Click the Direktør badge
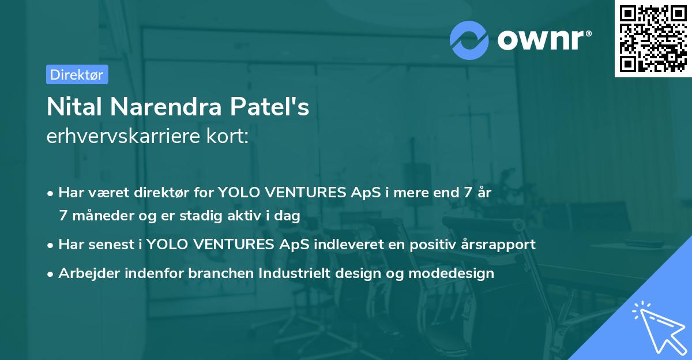click(77, 74)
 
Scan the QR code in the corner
click(653, 38)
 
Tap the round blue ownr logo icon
click(470, 40)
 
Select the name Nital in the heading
click(73, 107)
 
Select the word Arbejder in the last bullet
click(85, 273)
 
